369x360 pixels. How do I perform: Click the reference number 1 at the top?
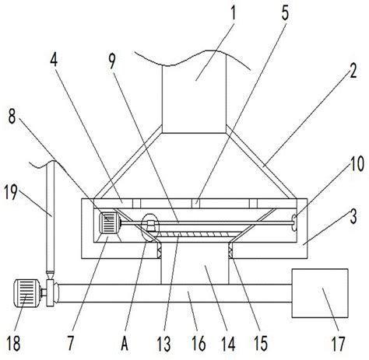pos(234,13)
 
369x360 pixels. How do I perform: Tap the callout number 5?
pos(285,13)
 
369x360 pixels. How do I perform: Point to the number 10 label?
pos(357,164)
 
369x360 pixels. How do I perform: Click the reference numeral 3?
pos(353,216)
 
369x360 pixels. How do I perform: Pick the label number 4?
pos(54,60)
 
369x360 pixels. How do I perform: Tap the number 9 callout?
pos(112,61)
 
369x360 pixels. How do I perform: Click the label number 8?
pos(12,116)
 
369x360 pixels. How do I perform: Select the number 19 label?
pos(11,192)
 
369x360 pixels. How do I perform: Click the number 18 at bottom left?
pos(13,343)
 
